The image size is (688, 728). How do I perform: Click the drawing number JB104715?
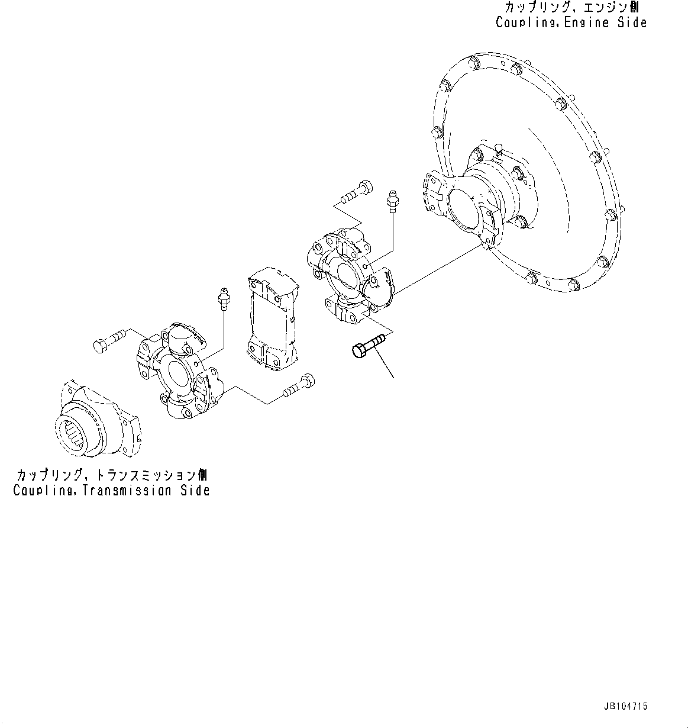coord(625,706)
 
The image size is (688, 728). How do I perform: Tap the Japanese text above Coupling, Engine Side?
coord(571,8)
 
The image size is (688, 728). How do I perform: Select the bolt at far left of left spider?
coord(108,340)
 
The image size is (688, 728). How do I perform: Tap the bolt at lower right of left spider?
coord(298,385)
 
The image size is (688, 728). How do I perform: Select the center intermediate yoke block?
coord(272,320)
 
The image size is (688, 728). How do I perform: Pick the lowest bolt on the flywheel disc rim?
coord(573,288)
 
